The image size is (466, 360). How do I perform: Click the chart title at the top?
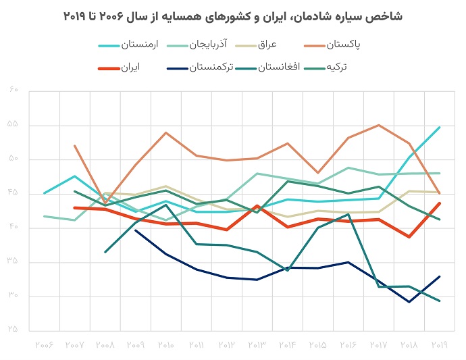232,16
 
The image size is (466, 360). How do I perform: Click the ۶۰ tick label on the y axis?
14,91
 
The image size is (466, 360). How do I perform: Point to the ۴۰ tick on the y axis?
14,228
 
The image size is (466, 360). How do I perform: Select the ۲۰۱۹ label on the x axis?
440,344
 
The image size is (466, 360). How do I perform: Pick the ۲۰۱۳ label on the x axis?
257,344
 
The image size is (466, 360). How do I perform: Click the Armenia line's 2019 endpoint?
440,127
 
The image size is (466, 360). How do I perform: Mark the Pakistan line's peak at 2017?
379,125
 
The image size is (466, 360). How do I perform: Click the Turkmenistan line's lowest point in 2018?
409,302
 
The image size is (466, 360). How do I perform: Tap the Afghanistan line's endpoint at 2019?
440,301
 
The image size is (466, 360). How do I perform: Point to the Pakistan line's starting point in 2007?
74,146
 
